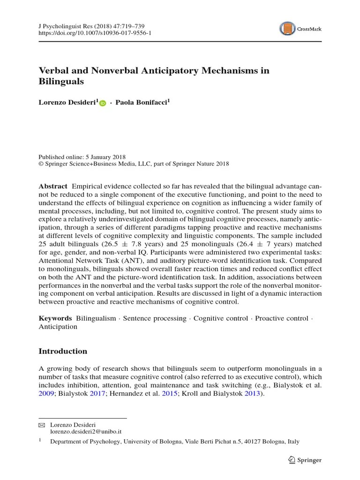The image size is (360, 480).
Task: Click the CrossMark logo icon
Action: (x=287, y=29)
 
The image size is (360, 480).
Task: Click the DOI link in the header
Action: (x=95, y=33)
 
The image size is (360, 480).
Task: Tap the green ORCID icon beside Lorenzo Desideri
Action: (x=103, y=103)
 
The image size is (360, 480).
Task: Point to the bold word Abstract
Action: (x=52, y=186)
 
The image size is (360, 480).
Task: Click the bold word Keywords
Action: (x=55, y=318)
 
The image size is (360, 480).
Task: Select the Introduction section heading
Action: (x=63, y=351)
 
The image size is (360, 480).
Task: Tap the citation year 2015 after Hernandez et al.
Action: (x=169, y=394)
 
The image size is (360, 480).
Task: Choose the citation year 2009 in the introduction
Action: (x=46, y=394)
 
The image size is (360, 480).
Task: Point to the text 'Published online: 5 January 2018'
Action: (x=82, y=157)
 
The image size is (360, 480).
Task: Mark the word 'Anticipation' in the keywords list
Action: (x=58, y=327)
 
